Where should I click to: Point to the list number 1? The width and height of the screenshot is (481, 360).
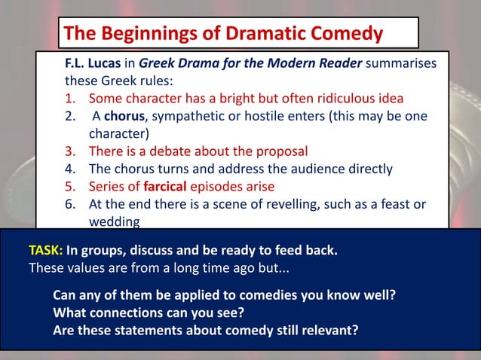point(70,99)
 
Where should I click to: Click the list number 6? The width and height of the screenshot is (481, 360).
point(70,204)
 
